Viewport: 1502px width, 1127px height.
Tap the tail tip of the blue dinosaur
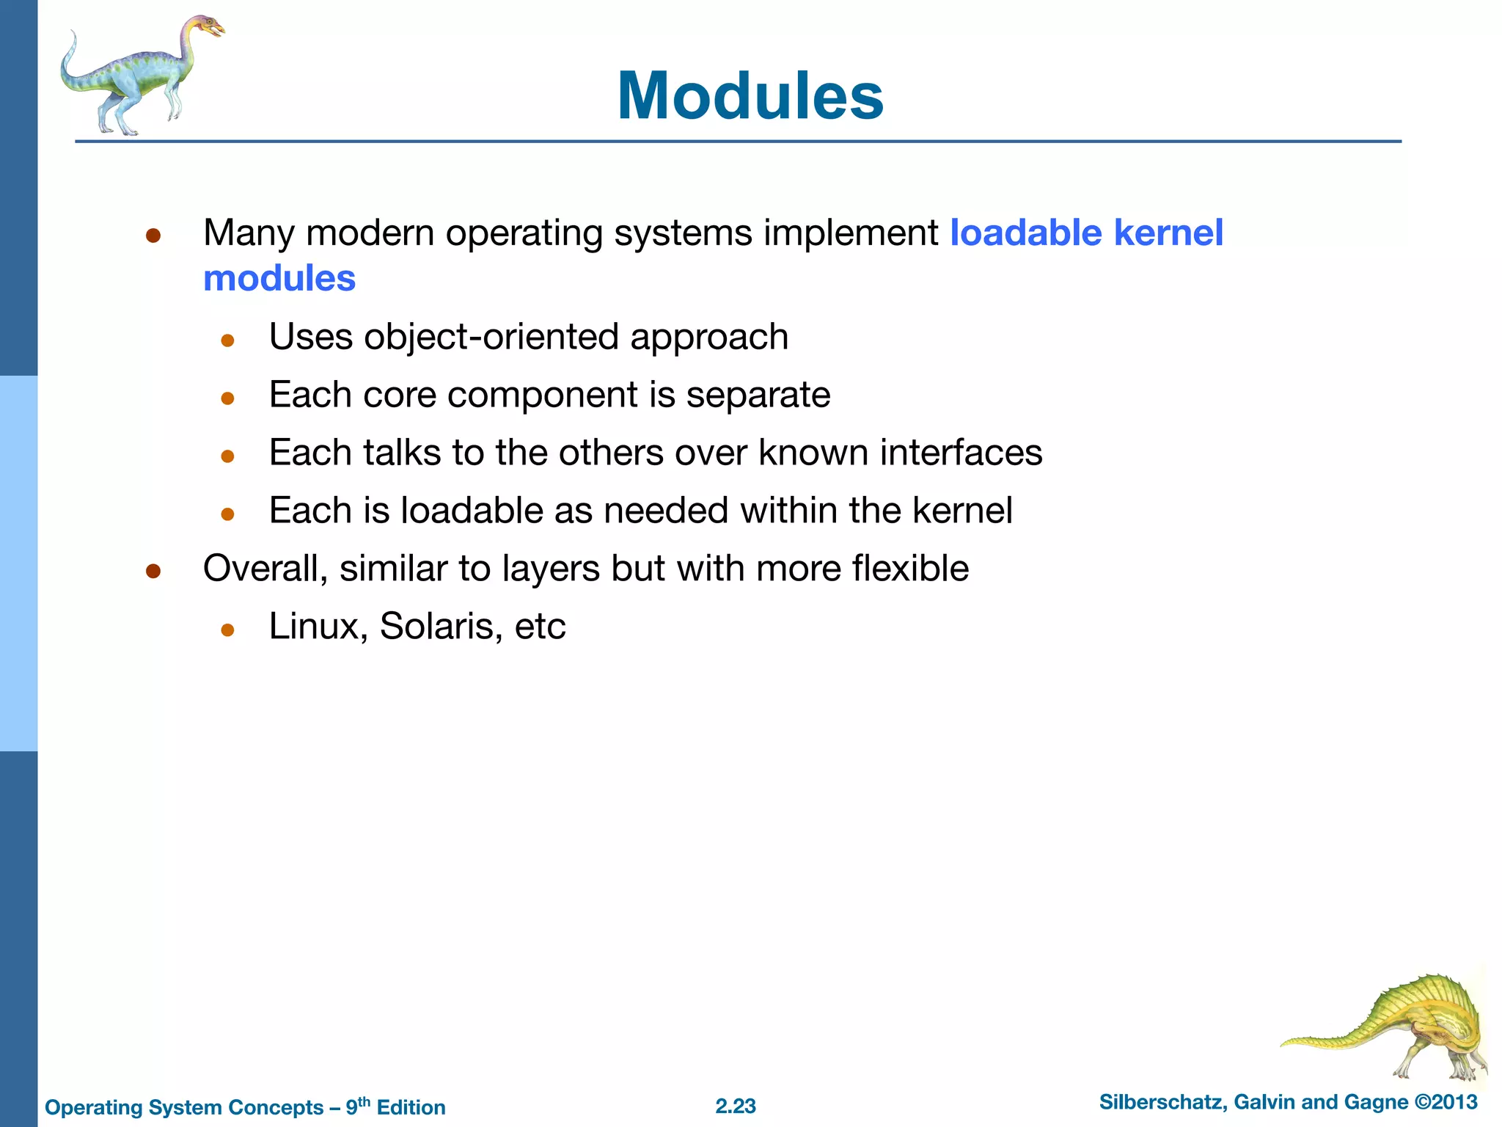(x=73, y=34)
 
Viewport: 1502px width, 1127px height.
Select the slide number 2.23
(x=736, y=1106)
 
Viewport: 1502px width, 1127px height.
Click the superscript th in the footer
(x=364, y=1101)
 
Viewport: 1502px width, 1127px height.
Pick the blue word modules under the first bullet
(x=279, y=279)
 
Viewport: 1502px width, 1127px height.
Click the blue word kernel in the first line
(x=1168, y=233)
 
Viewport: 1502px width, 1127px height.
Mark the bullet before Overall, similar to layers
(x=153, y=571)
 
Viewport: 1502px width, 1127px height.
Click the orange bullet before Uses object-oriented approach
(x=227, y=340)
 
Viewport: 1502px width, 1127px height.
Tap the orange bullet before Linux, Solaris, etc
(x=227, y=630)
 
